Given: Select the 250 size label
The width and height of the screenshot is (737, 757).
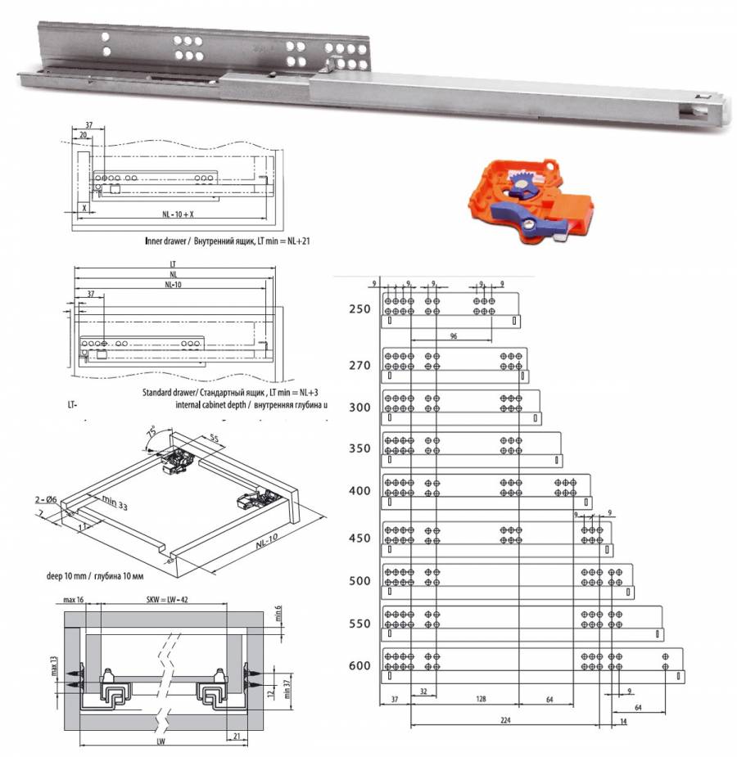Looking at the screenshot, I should (x=359, y=309).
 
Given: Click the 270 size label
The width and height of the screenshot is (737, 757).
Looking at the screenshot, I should (x=359, y=365).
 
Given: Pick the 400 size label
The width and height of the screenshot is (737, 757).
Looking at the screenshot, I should (x=359, y=491).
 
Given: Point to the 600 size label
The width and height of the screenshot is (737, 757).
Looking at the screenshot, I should (x=359, y=665).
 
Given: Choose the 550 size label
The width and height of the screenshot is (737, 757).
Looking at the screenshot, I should (x=359, y=623).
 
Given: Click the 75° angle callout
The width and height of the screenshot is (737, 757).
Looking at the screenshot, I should (x=152, y=430).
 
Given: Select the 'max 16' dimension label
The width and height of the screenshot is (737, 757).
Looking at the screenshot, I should (x=76, y=601).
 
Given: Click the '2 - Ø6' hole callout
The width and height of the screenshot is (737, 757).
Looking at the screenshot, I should (x=46, y=498).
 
